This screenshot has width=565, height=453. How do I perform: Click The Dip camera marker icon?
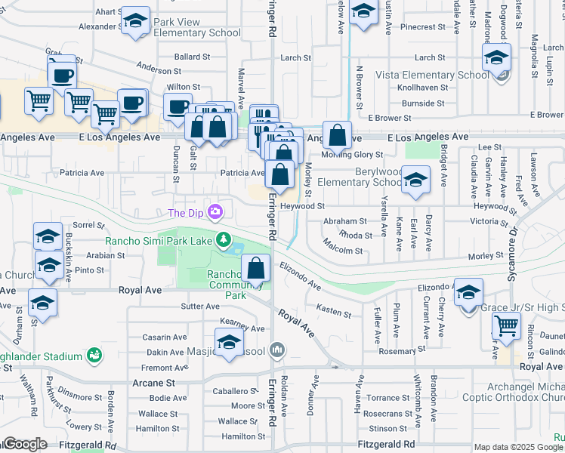click(217, 212)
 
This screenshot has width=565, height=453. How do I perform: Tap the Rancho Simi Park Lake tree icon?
click(223, 240)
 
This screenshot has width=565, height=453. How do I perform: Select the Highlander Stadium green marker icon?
click(94, 354)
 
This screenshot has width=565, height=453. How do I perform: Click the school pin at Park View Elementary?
click(136, 22)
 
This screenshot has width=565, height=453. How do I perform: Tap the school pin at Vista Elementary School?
click(497, 58)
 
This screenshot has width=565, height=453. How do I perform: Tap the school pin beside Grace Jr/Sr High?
click(468, 294)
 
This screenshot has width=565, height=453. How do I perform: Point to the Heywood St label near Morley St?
click(302, 205)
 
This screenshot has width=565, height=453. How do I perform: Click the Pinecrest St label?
click(424, 27)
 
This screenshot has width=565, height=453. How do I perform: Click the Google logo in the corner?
click(25, 444)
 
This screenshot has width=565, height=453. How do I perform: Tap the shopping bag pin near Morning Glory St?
click(338, 137)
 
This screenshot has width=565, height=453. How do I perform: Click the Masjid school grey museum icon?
click(277, 350)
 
